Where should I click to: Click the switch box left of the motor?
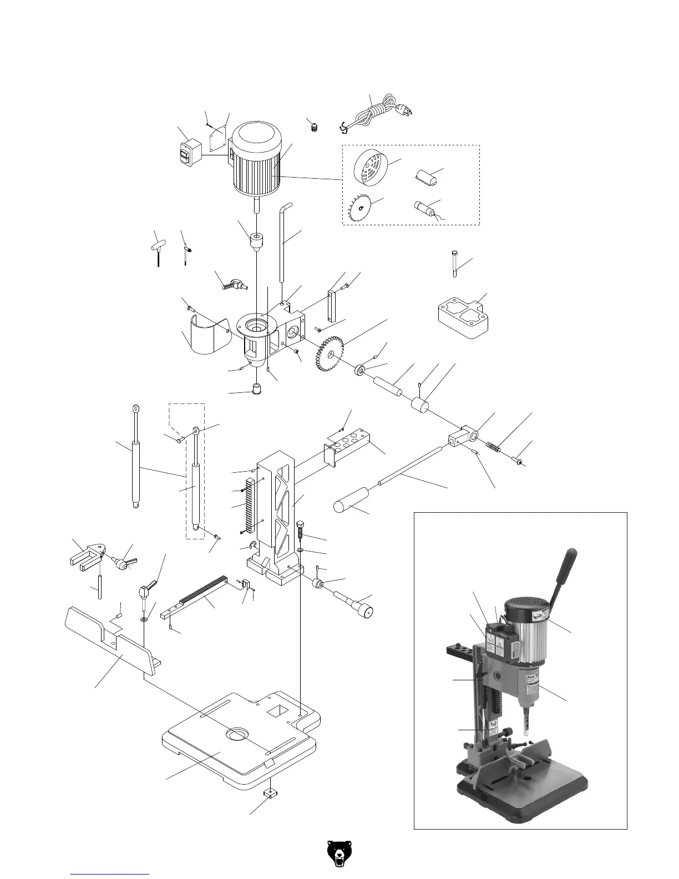coord(189,153)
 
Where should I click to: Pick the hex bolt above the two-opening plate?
coord(453,264)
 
